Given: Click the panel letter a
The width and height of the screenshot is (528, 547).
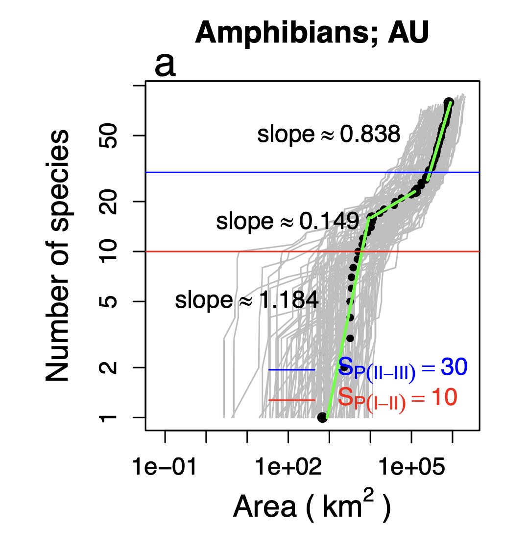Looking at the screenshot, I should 165,66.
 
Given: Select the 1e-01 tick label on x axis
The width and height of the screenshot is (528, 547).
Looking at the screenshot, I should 165,468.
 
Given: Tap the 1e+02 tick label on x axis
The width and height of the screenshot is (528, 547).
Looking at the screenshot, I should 288,468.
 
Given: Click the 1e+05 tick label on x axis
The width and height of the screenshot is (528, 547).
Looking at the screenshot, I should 412,468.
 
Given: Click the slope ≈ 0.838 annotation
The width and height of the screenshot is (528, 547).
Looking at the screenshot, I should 329,135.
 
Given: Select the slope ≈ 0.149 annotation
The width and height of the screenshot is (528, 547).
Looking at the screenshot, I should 288,222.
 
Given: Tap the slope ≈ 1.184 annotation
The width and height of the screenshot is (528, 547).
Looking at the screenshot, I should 246,301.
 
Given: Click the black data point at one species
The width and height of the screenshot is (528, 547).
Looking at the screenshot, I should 322,417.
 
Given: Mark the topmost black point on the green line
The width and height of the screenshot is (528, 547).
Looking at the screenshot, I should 449,102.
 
